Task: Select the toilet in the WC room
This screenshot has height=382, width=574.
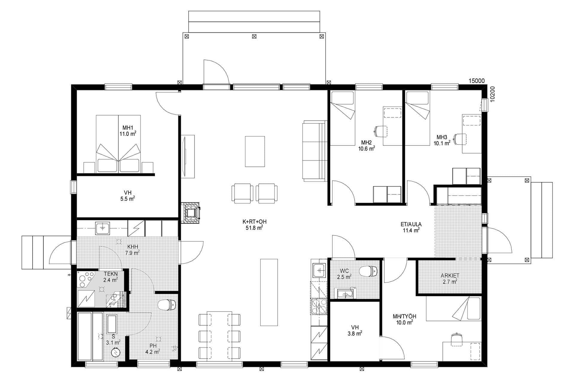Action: click(368, 271)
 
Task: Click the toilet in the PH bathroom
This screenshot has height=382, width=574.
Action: click(166, 305)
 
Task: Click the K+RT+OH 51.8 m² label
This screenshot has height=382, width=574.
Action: click(254, 225)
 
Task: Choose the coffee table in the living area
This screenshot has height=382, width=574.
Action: click(255, 151)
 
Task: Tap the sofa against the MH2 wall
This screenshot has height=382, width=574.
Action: click(314, 151)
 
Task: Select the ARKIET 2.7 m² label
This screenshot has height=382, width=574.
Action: click(450, 278)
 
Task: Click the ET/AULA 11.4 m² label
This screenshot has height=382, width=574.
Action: click(411, 227)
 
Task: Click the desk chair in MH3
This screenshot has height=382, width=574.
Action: click(460, 138)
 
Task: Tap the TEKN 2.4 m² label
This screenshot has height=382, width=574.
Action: click(110, 277)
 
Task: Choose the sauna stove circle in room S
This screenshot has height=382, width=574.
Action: click(115, 353)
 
